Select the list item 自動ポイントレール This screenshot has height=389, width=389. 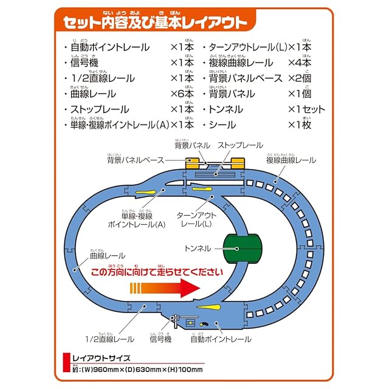tap(109, 47)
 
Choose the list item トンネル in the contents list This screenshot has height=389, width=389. tap(226, 110)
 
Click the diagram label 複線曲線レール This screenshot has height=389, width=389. tap(291, 160)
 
